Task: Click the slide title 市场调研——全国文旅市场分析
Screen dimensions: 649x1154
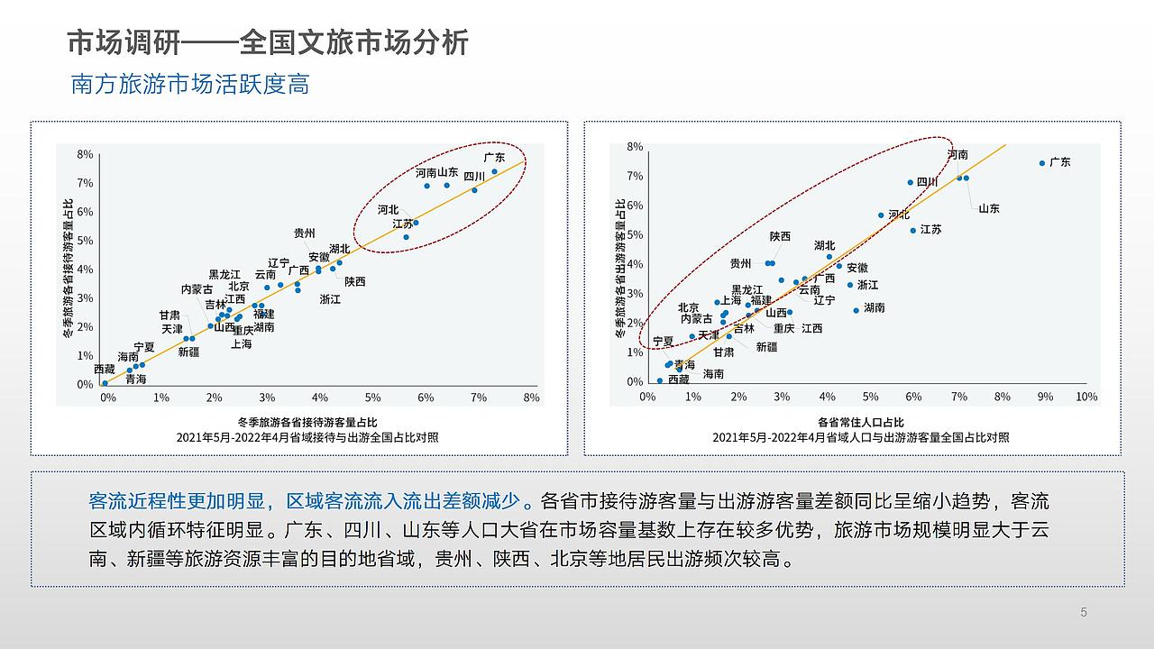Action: coord(268,42)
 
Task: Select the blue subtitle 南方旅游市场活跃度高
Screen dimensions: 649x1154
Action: coord(190,85)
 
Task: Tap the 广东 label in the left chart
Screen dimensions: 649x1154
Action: coord(494,157)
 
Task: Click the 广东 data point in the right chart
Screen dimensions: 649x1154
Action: coord(1041,163)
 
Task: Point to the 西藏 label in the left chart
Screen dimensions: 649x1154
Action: coord(105,370)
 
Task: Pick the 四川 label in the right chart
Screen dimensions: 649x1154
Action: coord(928,182)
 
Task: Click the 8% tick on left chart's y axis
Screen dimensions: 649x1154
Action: coord(85,154)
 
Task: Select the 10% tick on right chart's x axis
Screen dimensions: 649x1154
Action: coord(1086,398)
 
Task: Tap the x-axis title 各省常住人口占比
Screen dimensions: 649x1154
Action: coord(860,422)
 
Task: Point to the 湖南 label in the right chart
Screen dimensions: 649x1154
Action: coord(874,307)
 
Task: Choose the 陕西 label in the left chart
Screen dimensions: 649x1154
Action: coord(355,281)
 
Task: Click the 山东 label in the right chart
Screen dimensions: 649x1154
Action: coord(989,208)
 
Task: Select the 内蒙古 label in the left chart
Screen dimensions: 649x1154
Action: coord(197,289)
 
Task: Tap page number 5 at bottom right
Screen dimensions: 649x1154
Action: coord(1084,613)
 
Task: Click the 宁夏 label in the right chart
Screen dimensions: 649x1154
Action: coord(663,342)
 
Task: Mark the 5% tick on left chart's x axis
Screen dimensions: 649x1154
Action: coord(372,398)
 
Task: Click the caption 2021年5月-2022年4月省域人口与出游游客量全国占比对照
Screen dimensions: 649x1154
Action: coord(860,437)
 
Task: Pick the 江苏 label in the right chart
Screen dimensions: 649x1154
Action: coord(931,230)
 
